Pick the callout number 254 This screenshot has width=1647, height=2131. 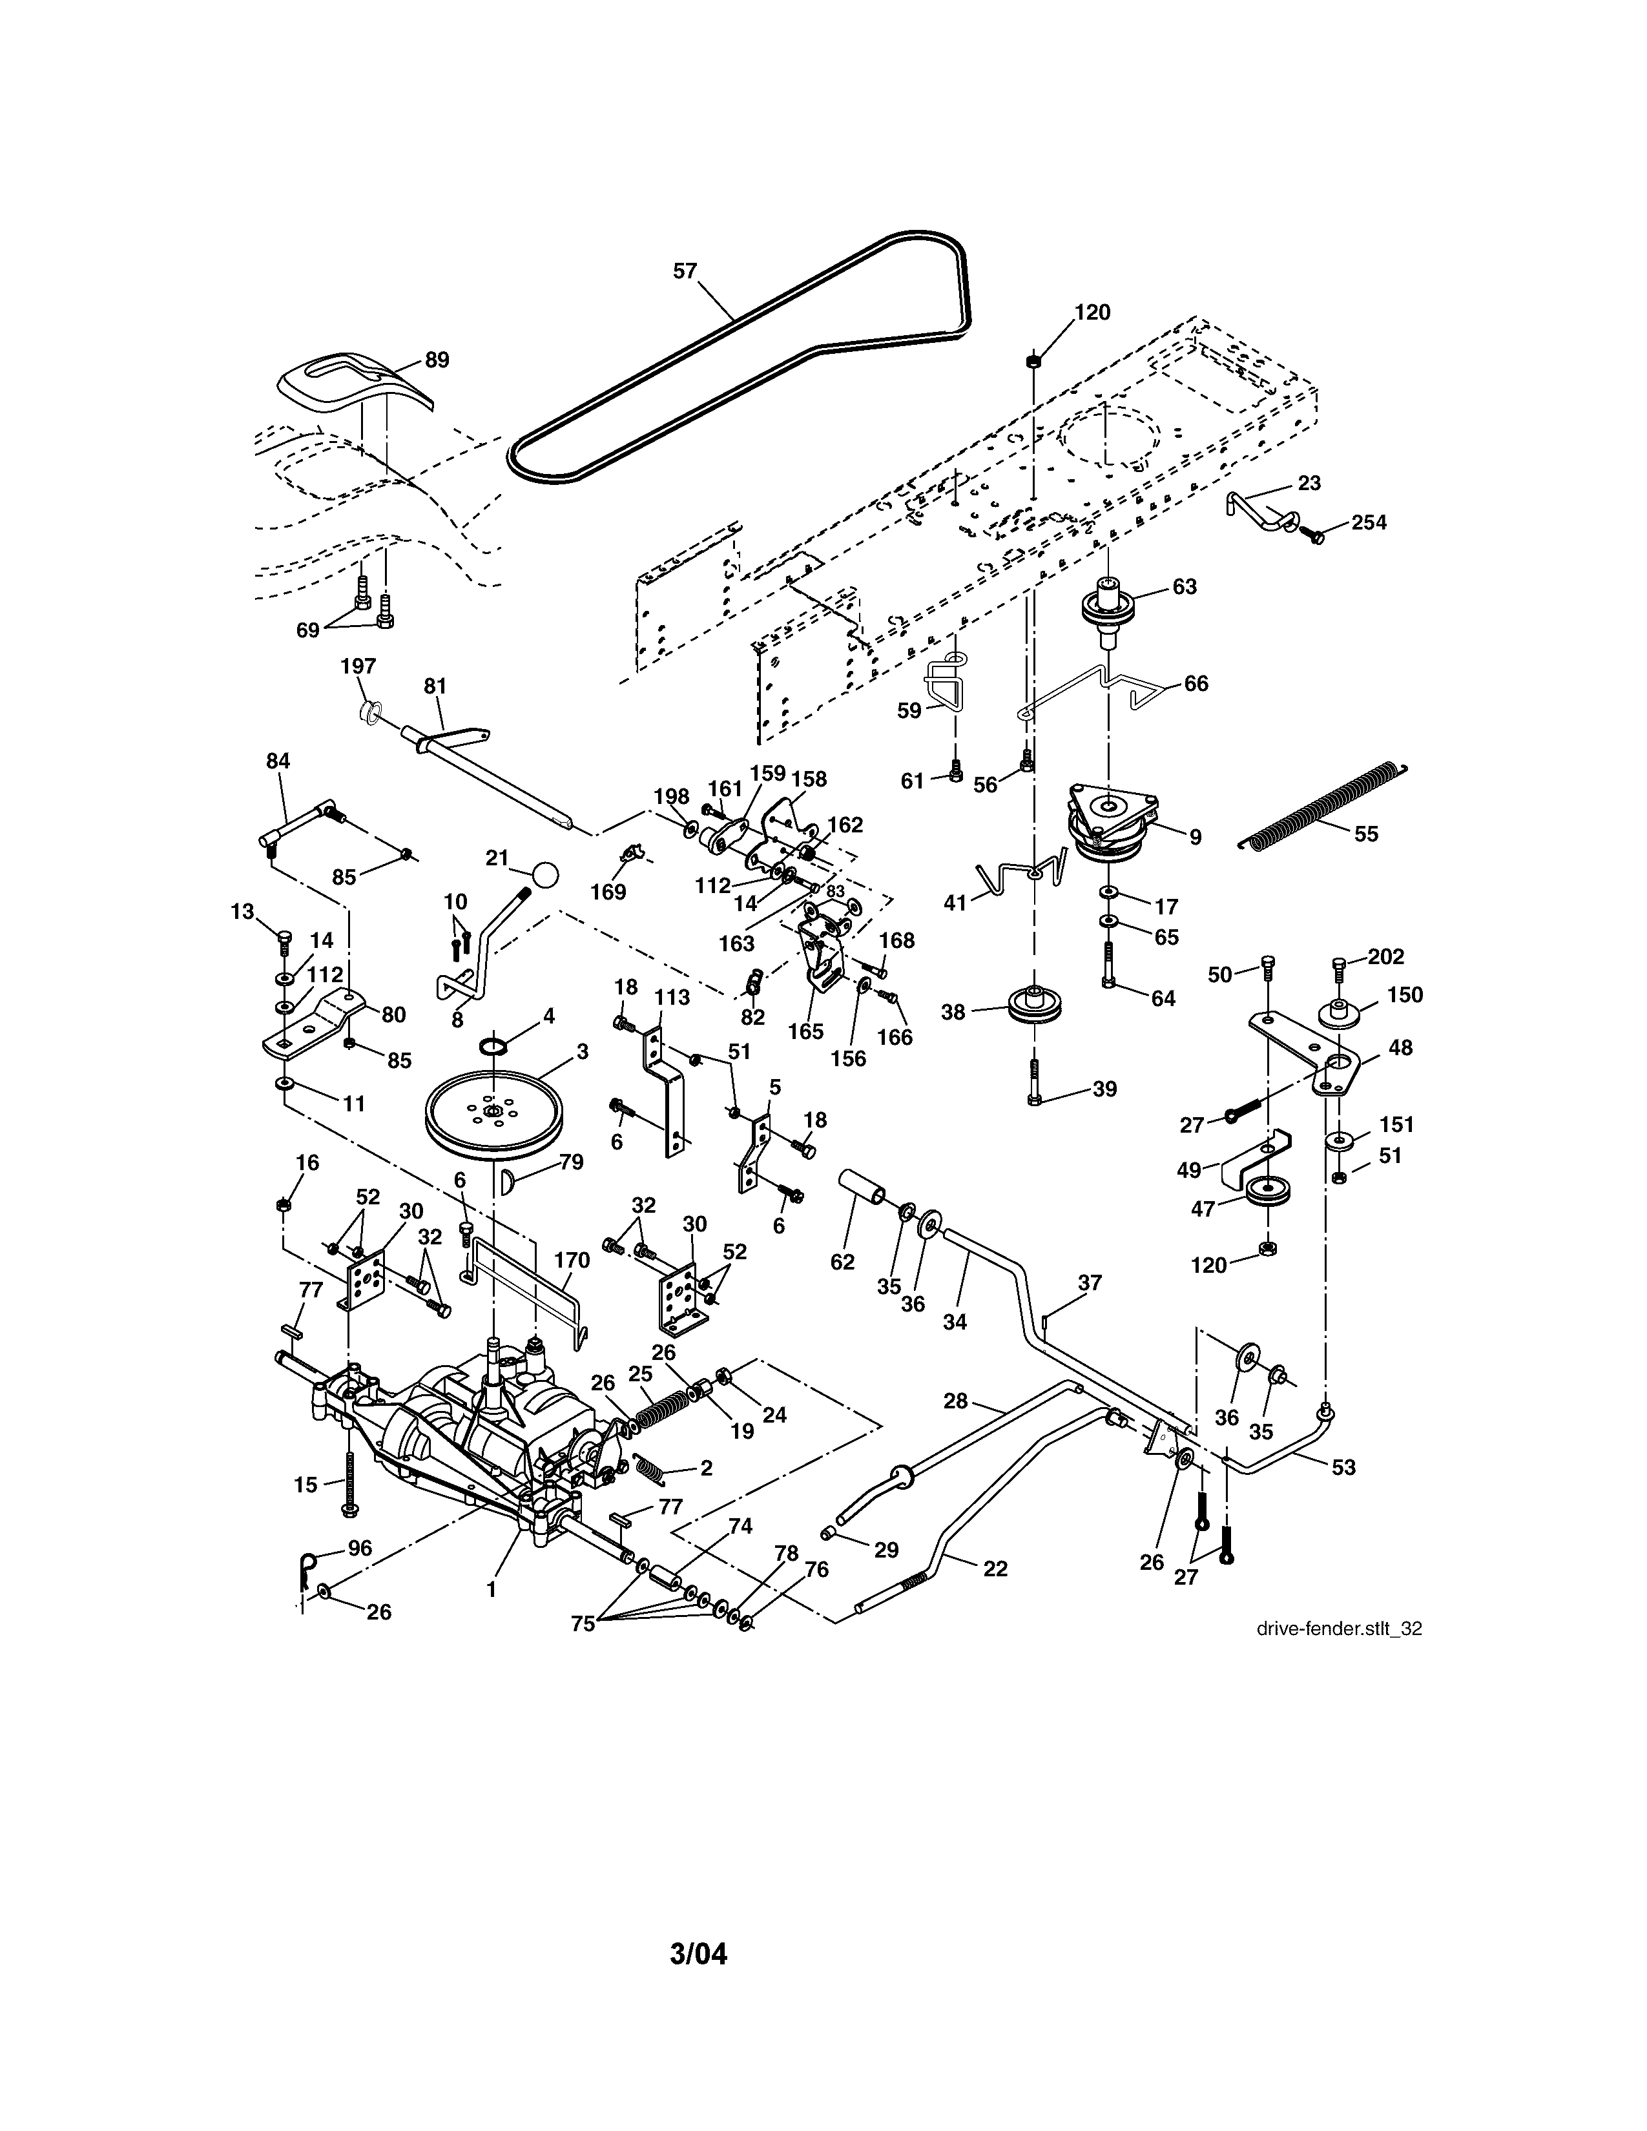[1368, 522]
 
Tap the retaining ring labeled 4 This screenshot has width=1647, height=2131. [495, 1046]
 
